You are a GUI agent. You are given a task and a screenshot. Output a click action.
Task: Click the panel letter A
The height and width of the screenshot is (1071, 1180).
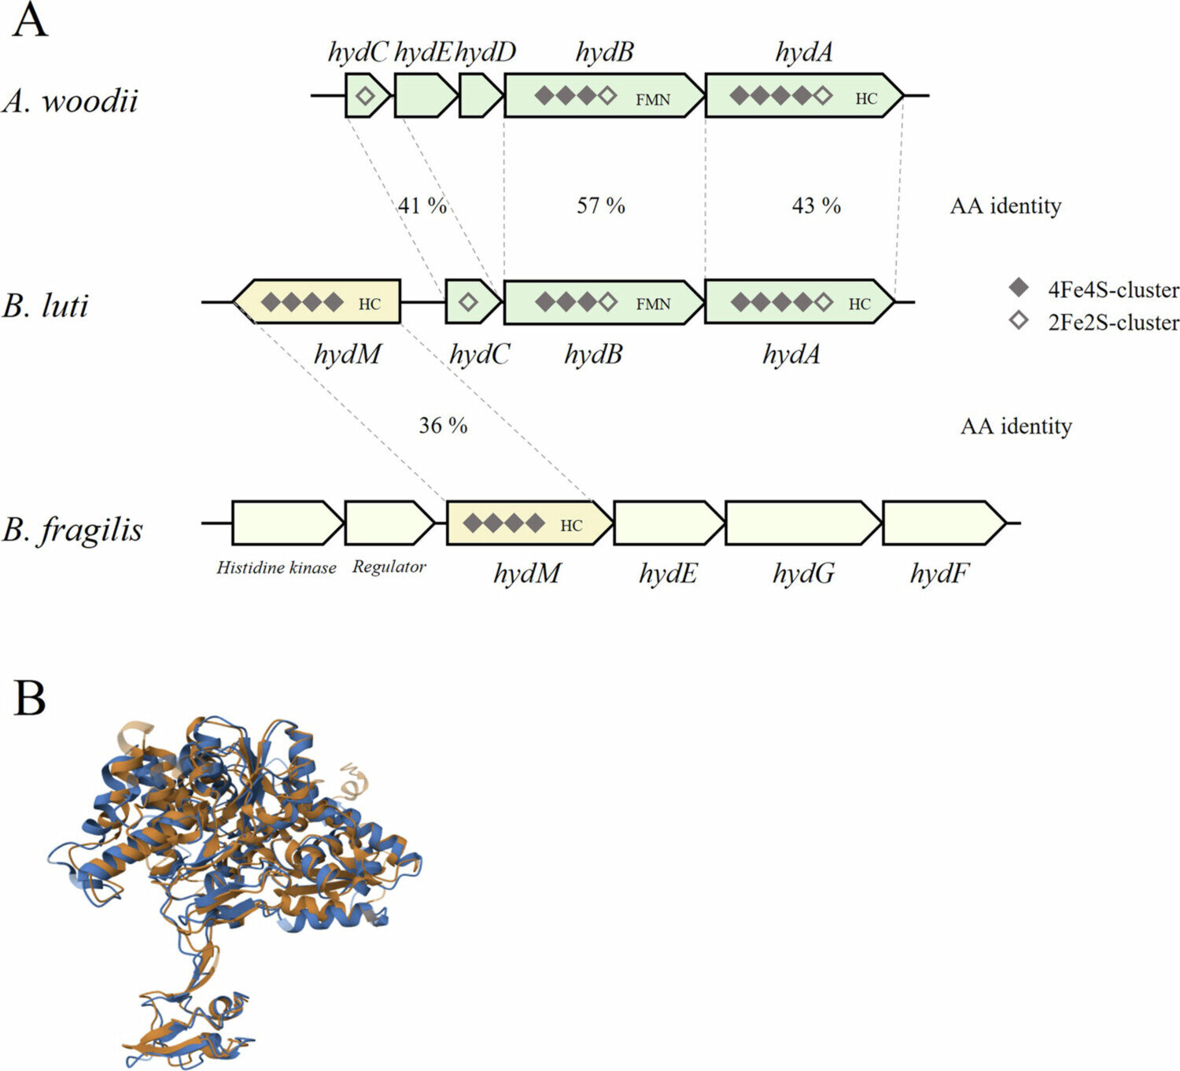click(30, 21)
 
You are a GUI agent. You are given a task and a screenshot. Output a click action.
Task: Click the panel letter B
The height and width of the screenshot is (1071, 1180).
click(30, 698)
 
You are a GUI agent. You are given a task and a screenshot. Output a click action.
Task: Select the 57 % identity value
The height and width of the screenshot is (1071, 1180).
click(601, 206)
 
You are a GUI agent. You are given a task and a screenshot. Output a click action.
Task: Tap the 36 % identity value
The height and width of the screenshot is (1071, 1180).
click(443, 426)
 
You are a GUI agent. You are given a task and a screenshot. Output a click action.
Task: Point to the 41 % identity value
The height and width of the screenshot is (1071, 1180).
click(422, 206)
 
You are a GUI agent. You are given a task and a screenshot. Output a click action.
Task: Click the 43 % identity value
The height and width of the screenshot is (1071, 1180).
click(816, 206)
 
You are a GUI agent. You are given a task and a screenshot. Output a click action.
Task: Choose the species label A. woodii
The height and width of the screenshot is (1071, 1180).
click(71, 101)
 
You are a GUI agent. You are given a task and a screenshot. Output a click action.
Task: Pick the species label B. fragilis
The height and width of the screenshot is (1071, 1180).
click(73, 529)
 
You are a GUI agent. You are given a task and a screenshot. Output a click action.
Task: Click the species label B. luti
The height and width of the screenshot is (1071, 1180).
click(46, 305)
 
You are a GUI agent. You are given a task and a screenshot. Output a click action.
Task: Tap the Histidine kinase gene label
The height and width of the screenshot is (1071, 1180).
click(276, 567)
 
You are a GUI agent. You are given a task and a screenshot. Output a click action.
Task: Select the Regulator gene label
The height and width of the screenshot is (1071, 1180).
click(389, 567)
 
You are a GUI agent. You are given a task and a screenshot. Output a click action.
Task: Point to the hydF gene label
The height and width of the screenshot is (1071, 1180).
click(939, 574)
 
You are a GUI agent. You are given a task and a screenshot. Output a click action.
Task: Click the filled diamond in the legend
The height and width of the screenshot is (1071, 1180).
click(1019, 288)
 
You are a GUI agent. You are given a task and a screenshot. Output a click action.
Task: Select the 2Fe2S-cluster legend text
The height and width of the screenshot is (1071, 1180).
click(1113, 323)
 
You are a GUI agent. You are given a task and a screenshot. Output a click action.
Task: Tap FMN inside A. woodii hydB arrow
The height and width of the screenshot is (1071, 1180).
click(653, 99)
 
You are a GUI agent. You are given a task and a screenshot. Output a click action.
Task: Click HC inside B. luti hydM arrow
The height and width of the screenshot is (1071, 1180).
click(369, 305)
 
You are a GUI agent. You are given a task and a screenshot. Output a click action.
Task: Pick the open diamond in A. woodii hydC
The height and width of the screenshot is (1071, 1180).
click(365, 96)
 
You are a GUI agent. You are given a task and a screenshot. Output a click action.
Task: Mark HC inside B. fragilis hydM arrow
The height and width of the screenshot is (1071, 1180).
click(571, 526)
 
